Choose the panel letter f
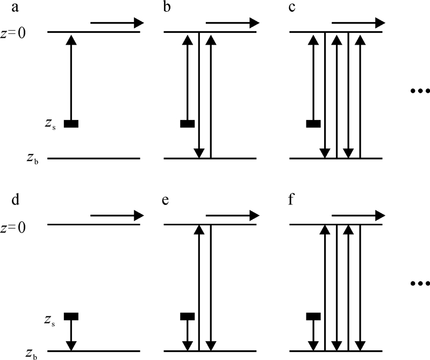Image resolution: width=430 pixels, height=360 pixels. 293,201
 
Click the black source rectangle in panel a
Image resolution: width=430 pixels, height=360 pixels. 71,124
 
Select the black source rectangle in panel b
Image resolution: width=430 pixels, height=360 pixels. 187,124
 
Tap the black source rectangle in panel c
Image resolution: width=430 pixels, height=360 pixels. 313,124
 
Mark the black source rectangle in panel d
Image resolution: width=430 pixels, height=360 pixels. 71,316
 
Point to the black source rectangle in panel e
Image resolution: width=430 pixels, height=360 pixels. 187,316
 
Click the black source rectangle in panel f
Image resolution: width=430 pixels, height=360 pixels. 313,316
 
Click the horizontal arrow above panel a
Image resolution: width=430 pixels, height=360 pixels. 117,23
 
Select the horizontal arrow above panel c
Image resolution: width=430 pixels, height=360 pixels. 359,23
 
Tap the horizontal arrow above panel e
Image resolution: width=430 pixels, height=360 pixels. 233,215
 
